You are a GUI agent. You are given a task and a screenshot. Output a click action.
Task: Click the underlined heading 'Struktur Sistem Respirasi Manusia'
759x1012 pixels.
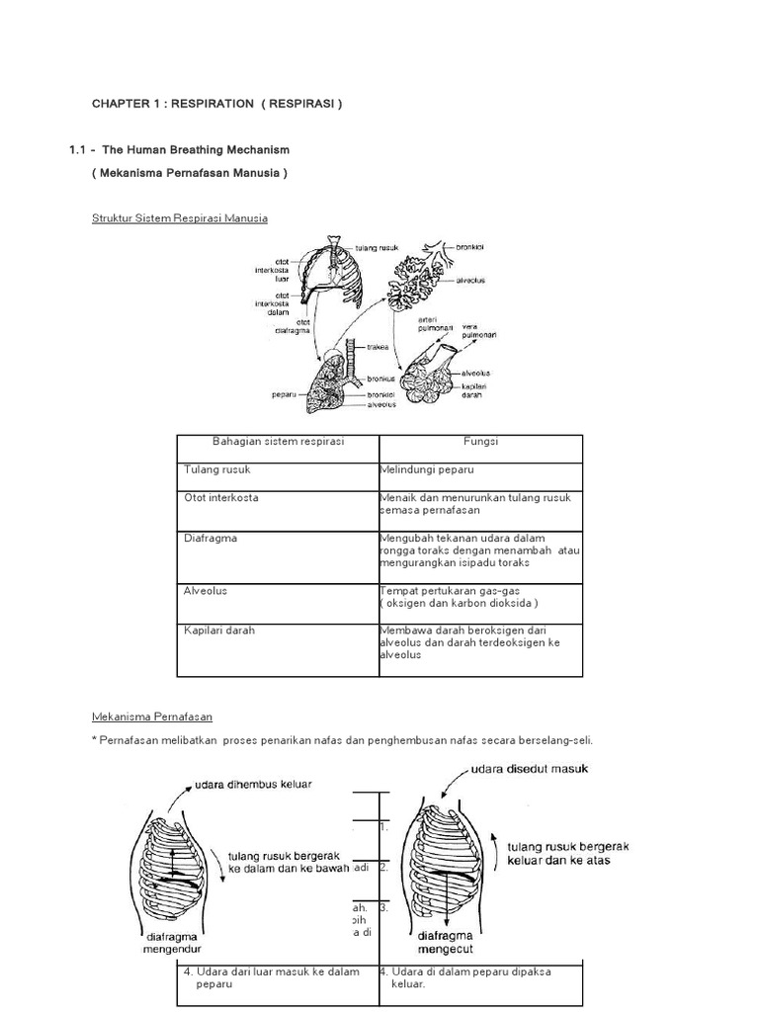(x=179, y=217)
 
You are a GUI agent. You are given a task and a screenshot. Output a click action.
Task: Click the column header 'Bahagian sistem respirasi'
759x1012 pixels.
(x=278, y=442)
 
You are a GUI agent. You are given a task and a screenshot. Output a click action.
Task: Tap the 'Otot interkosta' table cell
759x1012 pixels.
(x=220, y=497)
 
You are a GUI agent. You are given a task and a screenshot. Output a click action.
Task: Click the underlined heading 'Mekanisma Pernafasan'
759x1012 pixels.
(x=151, y=716)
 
